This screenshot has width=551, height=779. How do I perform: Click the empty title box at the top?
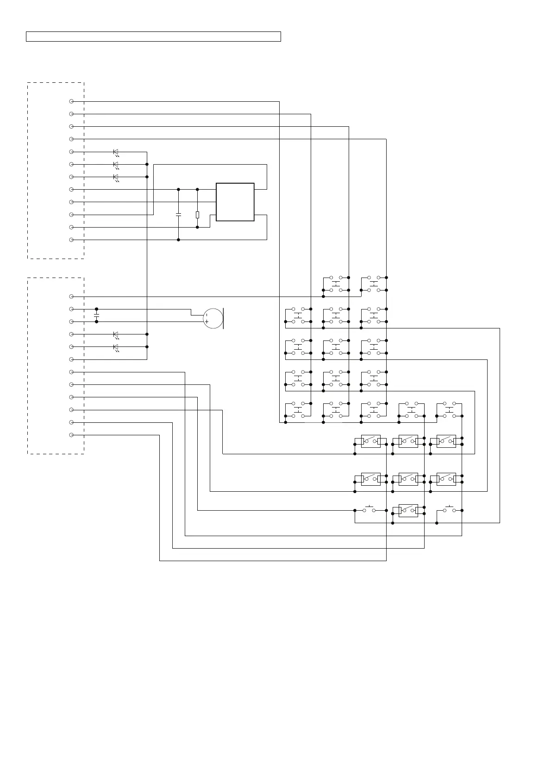pos(153,37)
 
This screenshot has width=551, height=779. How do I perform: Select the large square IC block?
pos(235,202)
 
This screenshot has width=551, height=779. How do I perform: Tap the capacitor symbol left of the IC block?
pos(178,215)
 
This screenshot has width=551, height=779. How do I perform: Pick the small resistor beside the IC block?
pos(197,215)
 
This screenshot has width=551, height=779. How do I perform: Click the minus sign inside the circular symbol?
pos(206,315)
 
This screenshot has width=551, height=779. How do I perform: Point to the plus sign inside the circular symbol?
pos(206,321)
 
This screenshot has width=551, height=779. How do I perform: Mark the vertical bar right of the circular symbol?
pos(224,318)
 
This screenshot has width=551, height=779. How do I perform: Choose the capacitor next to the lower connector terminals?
pos(96,315)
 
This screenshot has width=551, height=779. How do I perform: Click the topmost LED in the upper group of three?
pos(116,152)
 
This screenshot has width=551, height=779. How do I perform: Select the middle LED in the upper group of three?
pos(116,165)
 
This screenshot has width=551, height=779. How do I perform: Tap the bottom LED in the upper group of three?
pos(116,177)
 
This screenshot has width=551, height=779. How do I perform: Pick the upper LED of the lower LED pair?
pos(116,334)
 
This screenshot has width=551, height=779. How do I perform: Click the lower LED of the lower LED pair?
pos(116,347)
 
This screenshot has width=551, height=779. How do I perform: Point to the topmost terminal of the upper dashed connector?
pos(71,101)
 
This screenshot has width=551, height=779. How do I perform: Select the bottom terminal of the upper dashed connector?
pos(71,240)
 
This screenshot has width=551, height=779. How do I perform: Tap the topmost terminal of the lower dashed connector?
pos(71,297)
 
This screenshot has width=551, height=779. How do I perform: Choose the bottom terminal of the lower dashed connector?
pos(71,435)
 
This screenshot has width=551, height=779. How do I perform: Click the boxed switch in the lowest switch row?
pos(408,510)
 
